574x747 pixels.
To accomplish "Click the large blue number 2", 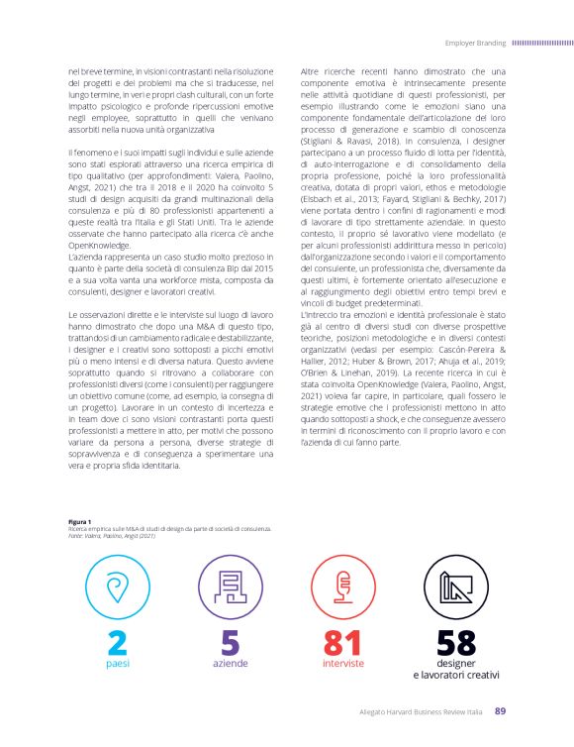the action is point(117,641).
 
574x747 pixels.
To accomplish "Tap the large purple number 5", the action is point(230,641).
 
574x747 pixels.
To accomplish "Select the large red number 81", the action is point(343,641).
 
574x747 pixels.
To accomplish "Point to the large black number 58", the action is point(456,641).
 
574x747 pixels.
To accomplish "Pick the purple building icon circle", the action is point(230,587).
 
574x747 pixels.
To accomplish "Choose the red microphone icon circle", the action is point(343,587).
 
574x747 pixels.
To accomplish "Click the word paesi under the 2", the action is point(117,663).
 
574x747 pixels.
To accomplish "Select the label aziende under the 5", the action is point(230,663).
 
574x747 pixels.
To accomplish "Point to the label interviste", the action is point(343,663).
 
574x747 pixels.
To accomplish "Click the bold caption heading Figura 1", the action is point(79,521).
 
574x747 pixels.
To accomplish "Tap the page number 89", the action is point(500,710).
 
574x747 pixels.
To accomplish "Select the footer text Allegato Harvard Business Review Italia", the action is point(423,711).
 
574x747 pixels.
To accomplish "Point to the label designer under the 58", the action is point(456,662).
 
